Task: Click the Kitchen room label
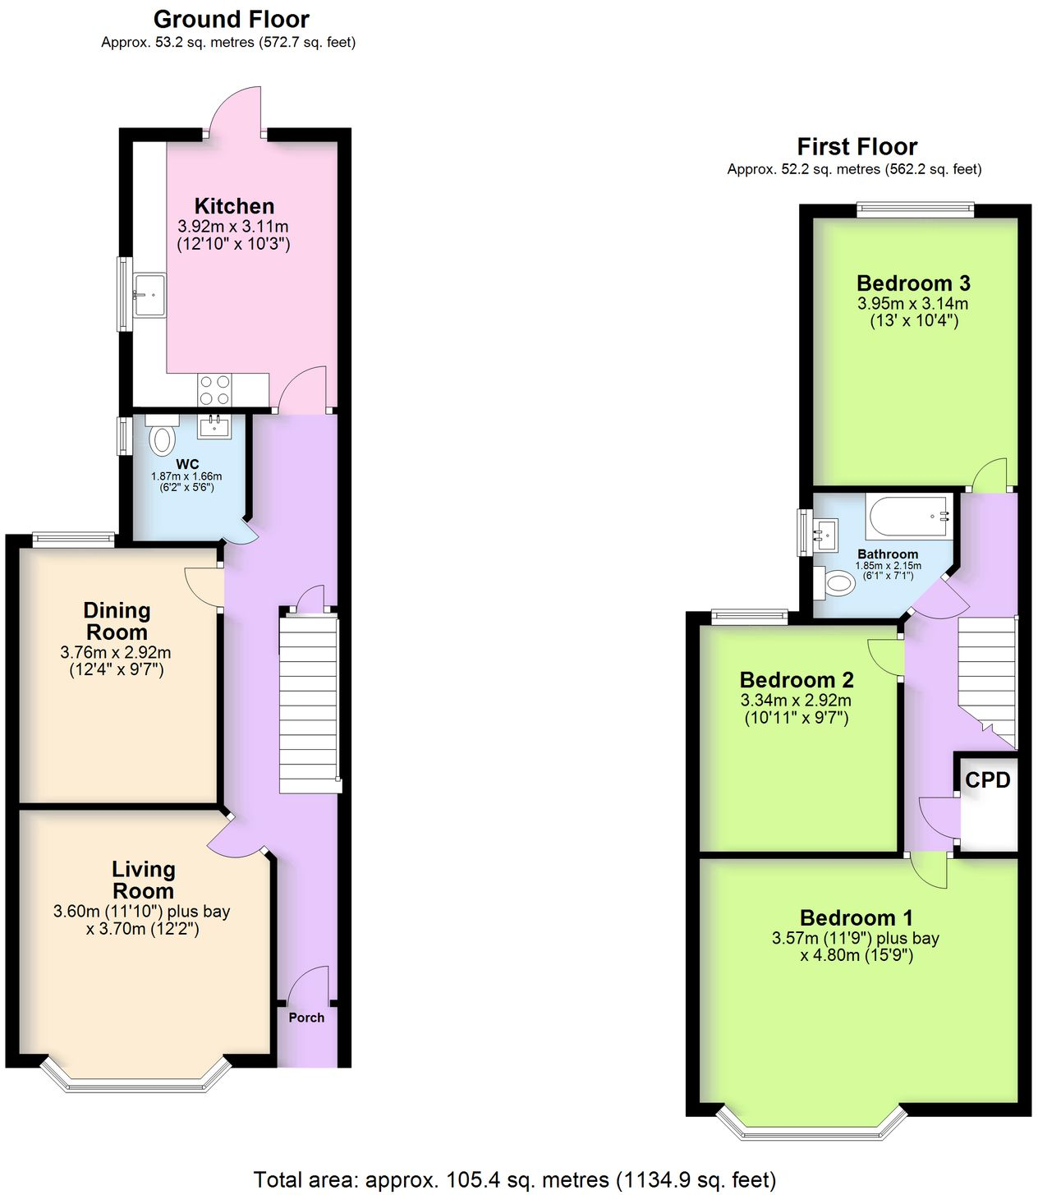234,206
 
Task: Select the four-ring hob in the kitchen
214,389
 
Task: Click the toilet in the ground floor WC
164,439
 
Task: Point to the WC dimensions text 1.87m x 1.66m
186,476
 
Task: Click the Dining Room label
117,621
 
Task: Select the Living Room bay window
135,1076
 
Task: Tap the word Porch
306,1018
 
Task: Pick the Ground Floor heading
231,19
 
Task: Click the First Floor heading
857,146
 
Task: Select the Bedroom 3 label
913,283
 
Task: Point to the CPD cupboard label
987,779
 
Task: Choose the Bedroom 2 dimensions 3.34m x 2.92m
796,701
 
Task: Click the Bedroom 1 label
856,917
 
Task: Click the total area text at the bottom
514,1180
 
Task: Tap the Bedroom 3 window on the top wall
915,210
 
